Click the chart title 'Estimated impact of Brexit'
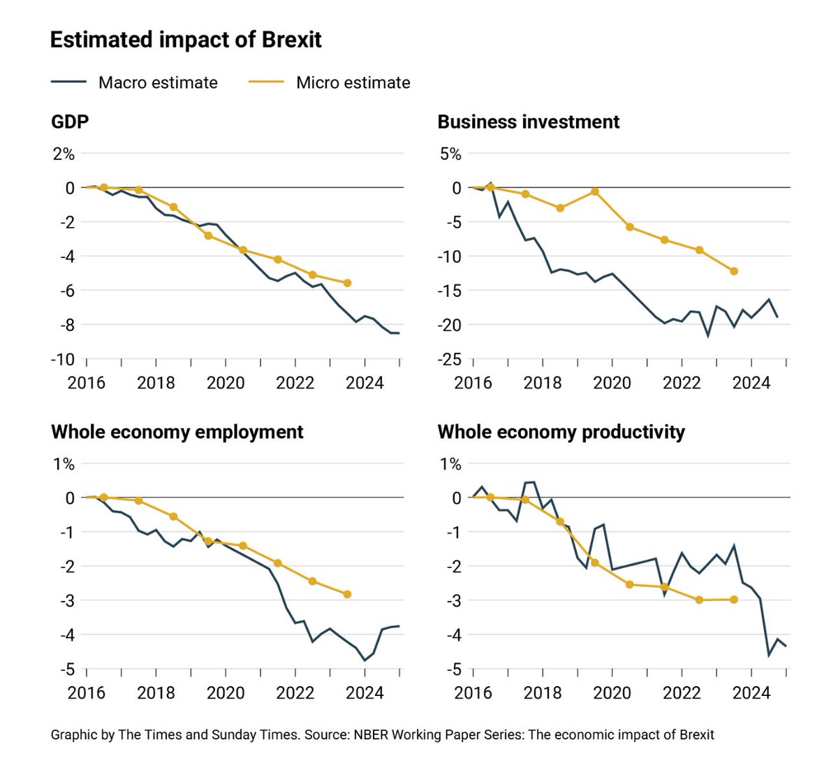tap(186, 40)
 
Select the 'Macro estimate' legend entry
tap(158, 82)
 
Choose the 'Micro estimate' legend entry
tap(353, 82)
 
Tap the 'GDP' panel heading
tap(70, 122)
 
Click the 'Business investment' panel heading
tap(528, 122)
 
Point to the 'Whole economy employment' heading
tap(177, 432)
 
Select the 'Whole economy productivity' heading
tap(561, 432)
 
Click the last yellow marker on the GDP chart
tap(347, 283)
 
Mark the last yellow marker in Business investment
tap(734, 271)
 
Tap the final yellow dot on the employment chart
tap(347, 594)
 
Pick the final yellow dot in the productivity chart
tap(734, 599)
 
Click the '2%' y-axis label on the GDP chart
tap(64, 154)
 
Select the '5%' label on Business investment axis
tap(450, 154)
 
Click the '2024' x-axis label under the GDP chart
tap(365, 383)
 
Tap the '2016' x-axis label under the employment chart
tap(86, 693)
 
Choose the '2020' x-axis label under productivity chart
tap(612, 693)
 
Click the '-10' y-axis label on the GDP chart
tap(61, 359)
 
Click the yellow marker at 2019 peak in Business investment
tap(595, 191)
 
